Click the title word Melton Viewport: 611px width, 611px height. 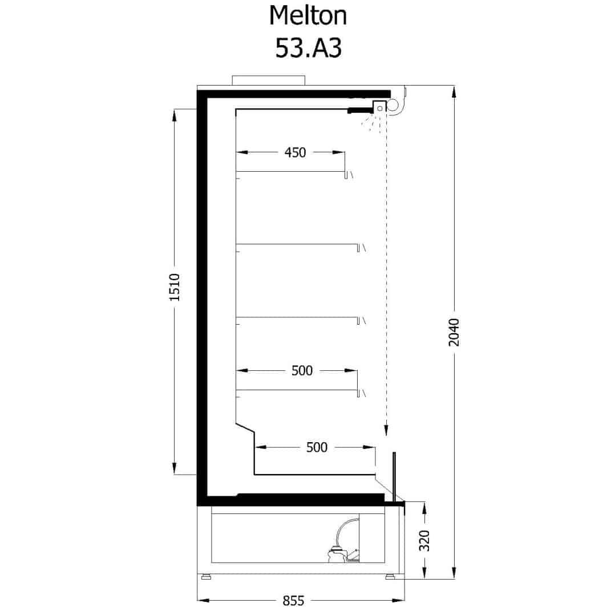pyautogui.click(x=308, y=16)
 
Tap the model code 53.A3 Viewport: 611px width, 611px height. pyautogui.click(x=308, y=48)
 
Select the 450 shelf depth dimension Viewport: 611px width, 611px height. pyautogui.click(x=295, y=152)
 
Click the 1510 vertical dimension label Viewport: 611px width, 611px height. pyautogui.click(x=175, y=287)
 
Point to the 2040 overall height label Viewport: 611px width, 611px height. pyautogui.click(x=454, y=333)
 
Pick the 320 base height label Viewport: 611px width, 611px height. pyautogui.click(x=424, y=540)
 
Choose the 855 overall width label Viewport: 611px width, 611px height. pyautogui.click(x=293, y=601)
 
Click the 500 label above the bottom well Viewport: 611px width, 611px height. pyautogui.click(x=317, y=447)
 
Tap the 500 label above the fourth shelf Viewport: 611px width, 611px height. pyautogui.click(x=302, y=370)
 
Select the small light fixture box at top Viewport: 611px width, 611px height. pyautogui.click(x=379, y=107)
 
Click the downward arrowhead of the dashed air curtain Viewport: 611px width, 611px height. pyautogui.click(x=386, y=430)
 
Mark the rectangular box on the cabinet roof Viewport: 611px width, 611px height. pyautogui.click(x=269, y=80)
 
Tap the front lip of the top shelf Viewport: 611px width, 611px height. pyautogui.click(x=346, y=175)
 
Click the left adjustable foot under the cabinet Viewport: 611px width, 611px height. pyautogui.click(x=205, y=576)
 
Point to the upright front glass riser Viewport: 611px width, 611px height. pyautogui.click(x=394, y=476)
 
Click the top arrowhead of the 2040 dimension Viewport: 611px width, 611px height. pyautogui.click(x=454, y=94)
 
